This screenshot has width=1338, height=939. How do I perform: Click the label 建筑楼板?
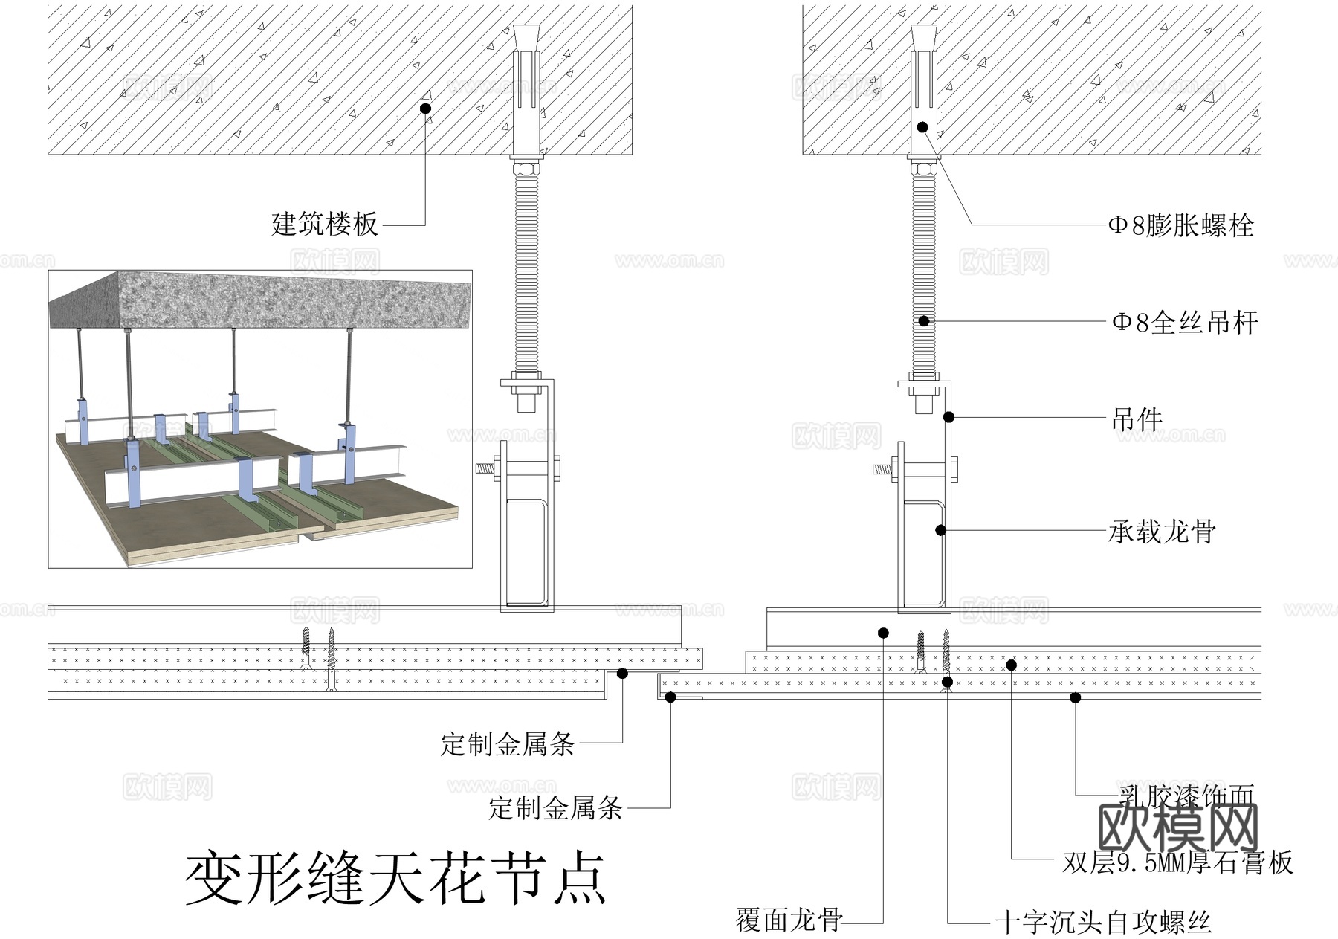(325, 224)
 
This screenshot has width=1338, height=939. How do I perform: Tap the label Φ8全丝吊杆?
(1184, 323)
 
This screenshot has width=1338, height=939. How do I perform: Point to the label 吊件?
(1137, 419)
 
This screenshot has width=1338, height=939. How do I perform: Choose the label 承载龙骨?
(1162, 532)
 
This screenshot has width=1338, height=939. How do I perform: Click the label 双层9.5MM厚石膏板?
(1177, 862)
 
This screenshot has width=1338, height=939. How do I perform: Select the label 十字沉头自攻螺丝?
(1103, 923)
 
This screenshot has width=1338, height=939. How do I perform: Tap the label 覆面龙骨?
(789, 920)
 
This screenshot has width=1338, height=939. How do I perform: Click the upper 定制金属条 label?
(508, 743)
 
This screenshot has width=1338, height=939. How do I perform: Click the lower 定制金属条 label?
(555, 808)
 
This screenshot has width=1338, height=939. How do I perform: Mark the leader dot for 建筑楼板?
(425, 109)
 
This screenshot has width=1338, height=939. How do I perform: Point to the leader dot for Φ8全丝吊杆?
(924, 321)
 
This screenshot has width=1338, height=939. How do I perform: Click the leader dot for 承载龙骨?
(940, 530)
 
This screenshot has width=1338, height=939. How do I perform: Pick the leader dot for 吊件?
(948, 417)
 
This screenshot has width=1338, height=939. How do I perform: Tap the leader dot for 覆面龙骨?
(883, 633)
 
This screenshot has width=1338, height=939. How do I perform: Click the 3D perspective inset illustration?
(260, 419)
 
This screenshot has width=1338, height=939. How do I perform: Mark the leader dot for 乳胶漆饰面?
(1075, 697)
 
